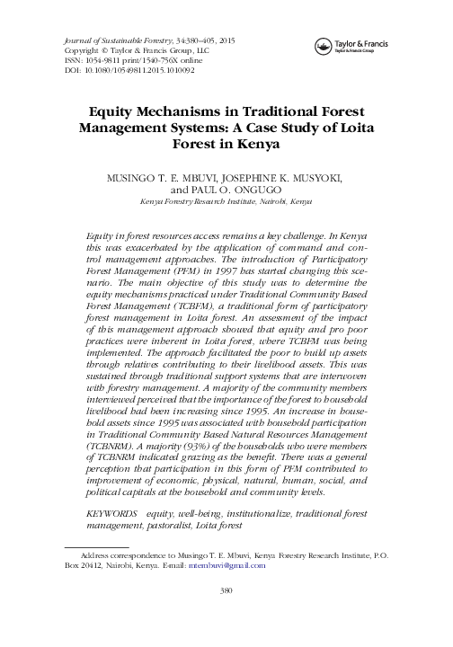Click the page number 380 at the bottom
[x=226, y=616]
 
